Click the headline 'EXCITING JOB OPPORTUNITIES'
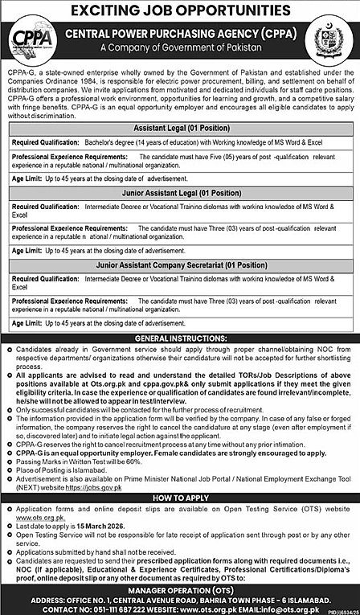180,10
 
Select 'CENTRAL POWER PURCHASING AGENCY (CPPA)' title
181,35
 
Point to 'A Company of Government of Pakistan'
181,48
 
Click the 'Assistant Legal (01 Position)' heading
180,126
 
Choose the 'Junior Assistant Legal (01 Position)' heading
180,194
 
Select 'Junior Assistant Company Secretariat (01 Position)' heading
180,264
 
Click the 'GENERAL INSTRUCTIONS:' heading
180,338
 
